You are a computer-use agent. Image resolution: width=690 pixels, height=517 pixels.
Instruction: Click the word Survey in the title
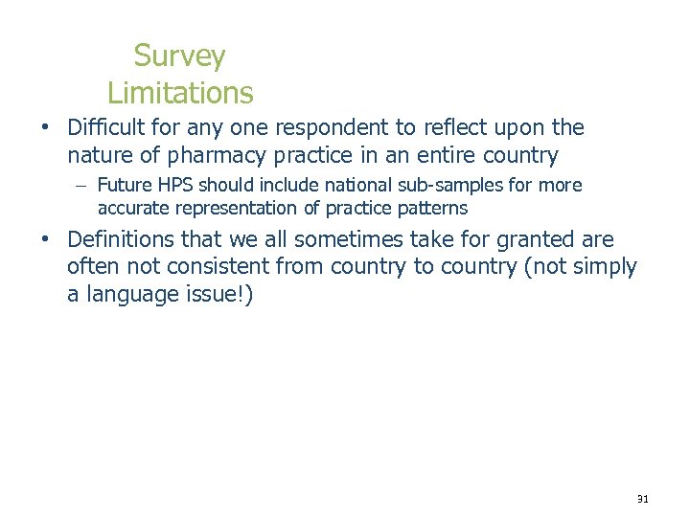pyautogui.click(x=180, y=56)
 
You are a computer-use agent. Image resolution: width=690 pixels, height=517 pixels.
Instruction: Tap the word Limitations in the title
pyautogui.click(x=180, y=93)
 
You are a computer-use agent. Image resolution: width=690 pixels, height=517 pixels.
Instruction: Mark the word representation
pyautogui.click(x=235, y=208)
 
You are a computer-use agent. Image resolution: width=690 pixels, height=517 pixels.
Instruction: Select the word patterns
pyautogui.click(x=432, y=208)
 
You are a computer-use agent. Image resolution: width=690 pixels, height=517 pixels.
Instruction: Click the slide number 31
pyautogui.click(x=642, y=499)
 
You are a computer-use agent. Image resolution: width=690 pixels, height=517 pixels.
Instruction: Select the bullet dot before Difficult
pyautogui.click(x=44, y=128)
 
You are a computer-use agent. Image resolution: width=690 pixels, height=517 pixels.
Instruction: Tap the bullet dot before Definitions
pyautogui.click(x=44, y=240)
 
